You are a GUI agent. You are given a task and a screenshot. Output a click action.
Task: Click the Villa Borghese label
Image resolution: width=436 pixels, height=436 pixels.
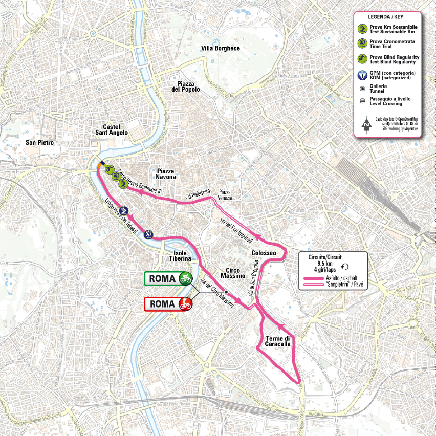pos(221,48)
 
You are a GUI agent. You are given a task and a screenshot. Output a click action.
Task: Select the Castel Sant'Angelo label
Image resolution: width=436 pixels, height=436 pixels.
pos(115,129)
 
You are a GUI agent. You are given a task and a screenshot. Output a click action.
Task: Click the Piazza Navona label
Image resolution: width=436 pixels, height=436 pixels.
pos(166,173)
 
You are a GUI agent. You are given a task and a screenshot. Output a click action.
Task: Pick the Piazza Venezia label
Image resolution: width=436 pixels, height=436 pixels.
pos(225,194)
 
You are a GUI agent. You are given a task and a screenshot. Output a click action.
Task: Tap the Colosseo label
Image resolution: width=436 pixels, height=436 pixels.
pos(264,253)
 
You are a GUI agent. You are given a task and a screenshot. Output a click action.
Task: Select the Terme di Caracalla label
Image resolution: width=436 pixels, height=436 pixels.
pos(278,341)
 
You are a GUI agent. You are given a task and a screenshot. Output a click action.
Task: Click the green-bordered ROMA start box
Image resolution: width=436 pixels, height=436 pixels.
pos(169,278)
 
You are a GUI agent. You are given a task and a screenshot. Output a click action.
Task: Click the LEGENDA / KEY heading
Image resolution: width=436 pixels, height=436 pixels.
pos(388,16)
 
